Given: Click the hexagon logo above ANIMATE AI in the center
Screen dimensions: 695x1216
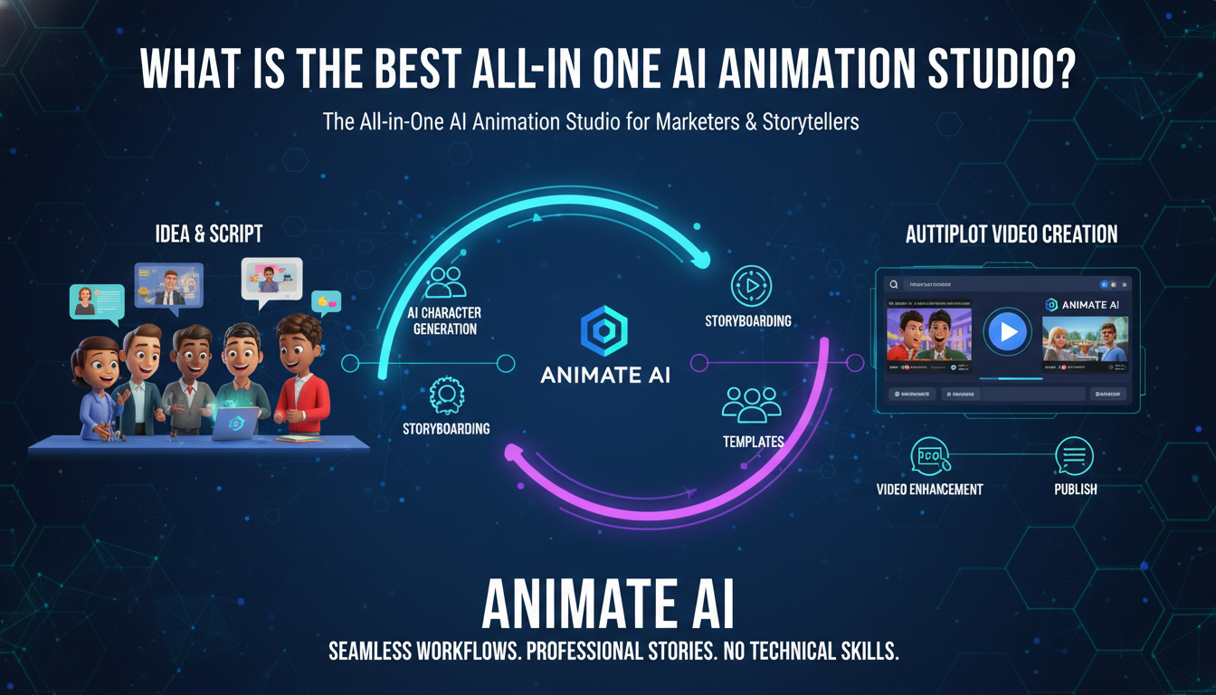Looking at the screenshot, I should coord(605,332).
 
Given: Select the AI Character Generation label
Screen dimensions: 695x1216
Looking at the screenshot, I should coord(446,321).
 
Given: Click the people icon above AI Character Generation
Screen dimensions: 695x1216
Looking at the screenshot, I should coord(446,281).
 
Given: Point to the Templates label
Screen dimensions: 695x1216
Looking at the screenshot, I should coord(753,442).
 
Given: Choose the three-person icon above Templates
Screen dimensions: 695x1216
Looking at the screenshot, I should coord(751,405).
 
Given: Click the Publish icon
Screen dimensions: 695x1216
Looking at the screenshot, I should coord(1075,456).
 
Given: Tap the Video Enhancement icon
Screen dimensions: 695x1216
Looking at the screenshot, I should coord(929,456).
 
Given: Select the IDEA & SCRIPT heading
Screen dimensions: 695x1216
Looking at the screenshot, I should coord(209,234).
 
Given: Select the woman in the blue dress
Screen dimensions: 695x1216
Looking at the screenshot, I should coord(100,389).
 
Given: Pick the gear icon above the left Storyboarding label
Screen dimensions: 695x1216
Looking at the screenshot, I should coord(446,395).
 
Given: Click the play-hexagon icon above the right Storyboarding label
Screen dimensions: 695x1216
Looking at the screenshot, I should coord(750,286).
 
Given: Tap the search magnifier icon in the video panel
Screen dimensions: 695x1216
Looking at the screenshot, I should coord(893,283).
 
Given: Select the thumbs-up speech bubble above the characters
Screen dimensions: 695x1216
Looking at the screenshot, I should coord(325,301).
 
